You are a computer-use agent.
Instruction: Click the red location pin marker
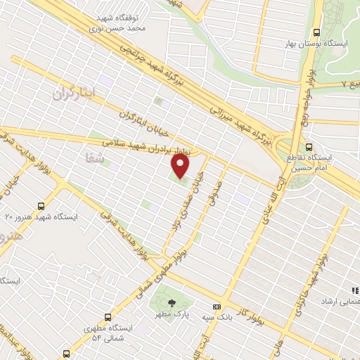(x=181, y=166)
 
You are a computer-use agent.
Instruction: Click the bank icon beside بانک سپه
(x=217, y=307)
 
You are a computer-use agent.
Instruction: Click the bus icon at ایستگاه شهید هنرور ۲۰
(x=41, y=206)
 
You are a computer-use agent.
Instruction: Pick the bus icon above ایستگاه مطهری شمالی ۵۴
(x=105, y=317)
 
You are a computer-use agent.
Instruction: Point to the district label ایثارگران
(x=75, y=92)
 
